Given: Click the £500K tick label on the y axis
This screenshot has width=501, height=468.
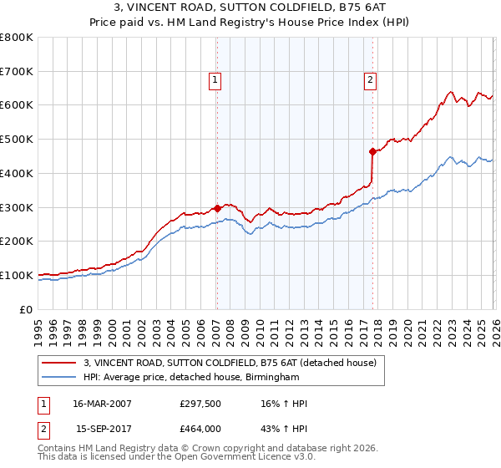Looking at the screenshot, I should pyautogui.click(x=18, y=140).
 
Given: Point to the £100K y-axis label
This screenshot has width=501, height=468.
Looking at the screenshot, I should pyautogui.click(x=18, y=276).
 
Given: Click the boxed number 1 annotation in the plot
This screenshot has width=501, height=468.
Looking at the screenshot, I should pyautogui.click(x=215, y=81).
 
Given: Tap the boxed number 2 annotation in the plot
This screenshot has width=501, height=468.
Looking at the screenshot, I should pyautogui.click(x=370, y=81).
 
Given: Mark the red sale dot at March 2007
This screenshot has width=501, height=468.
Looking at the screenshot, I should pyautogui.click(x=217, y=208).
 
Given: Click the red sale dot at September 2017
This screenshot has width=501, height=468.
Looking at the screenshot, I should pyautogui.click(x=372, y=151).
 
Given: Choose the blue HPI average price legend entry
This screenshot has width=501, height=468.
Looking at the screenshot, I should pyautogui.click(x=191, y=378).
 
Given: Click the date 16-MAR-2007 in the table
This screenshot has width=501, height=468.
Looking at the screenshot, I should pyautogui.click(x=102, y=404).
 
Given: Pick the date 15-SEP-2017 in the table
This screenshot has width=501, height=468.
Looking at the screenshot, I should pyautogui.click(x=103, y=429).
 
